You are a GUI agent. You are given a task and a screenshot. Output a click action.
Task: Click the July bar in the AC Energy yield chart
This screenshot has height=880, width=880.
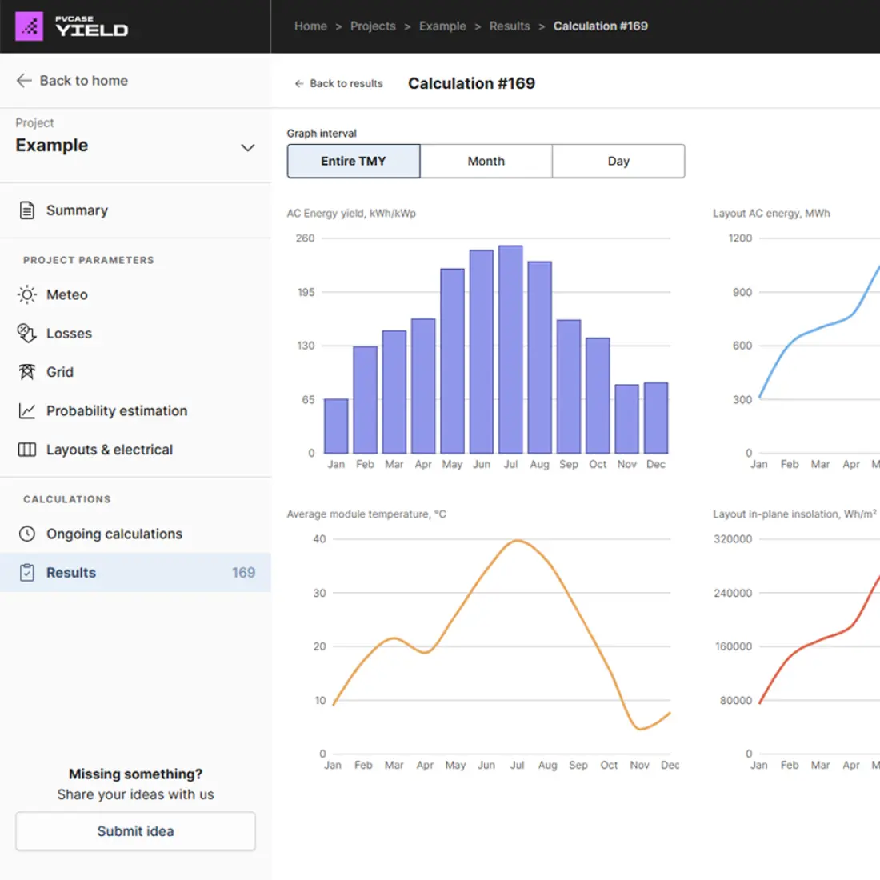click(510, 350)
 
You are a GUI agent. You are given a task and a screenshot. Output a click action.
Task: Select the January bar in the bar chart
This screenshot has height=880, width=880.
click(336, 426)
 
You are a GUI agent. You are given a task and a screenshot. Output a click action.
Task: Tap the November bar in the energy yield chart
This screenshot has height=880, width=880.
click(626, 419)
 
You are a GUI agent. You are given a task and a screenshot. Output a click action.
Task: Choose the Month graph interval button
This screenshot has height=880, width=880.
click(486, 161)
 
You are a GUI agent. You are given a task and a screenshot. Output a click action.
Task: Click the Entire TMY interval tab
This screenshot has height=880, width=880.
click(354, 161)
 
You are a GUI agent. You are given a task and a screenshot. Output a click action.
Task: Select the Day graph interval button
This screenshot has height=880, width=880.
click(618, 161)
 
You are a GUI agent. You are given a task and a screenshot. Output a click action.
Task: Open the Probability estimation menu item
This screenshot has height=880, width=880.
click(117, 410)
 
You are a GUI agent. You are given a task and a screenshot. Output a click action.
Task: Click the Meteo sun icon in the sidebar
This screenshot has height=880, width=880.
click(27, 294)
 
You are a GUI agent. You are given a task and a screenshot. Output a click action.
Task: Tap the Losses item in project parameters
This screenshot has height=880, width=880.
click(69, 334)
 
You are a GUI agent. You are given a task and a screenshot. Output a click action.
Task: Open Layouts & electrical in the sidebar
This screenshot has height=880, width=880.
click(110, 450)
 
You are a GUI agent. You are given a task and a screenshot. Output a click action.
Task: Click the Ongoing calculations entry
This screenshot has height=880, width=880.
click(114, 534)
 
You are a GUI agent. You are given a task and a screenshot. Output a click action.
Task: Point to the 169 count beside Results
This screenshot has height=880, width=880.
click(243, 573)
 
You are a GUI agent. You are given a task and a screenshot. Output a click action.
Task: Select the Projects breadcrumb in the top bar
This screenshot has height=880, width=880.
click(373, 26)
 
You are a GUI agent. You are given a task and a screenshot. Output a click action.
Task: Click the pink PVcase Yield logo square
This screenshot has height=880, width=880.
click(30, 26)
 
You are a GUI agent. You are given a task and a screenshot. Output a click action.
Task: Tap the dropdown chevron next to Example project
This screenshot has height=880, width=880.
click(248, 147)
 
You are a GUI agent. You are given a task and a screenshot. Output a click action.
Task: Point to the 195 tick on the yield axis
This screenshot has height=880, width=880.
click(306, 292)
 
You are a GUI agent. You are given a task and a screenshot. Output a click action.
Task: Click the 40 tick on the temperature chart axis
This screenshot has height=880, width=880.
click(319, 539)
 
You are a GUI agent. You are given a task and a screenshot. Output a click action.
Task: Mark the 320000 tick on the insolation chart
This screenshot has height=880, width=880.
click(733, 539)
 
